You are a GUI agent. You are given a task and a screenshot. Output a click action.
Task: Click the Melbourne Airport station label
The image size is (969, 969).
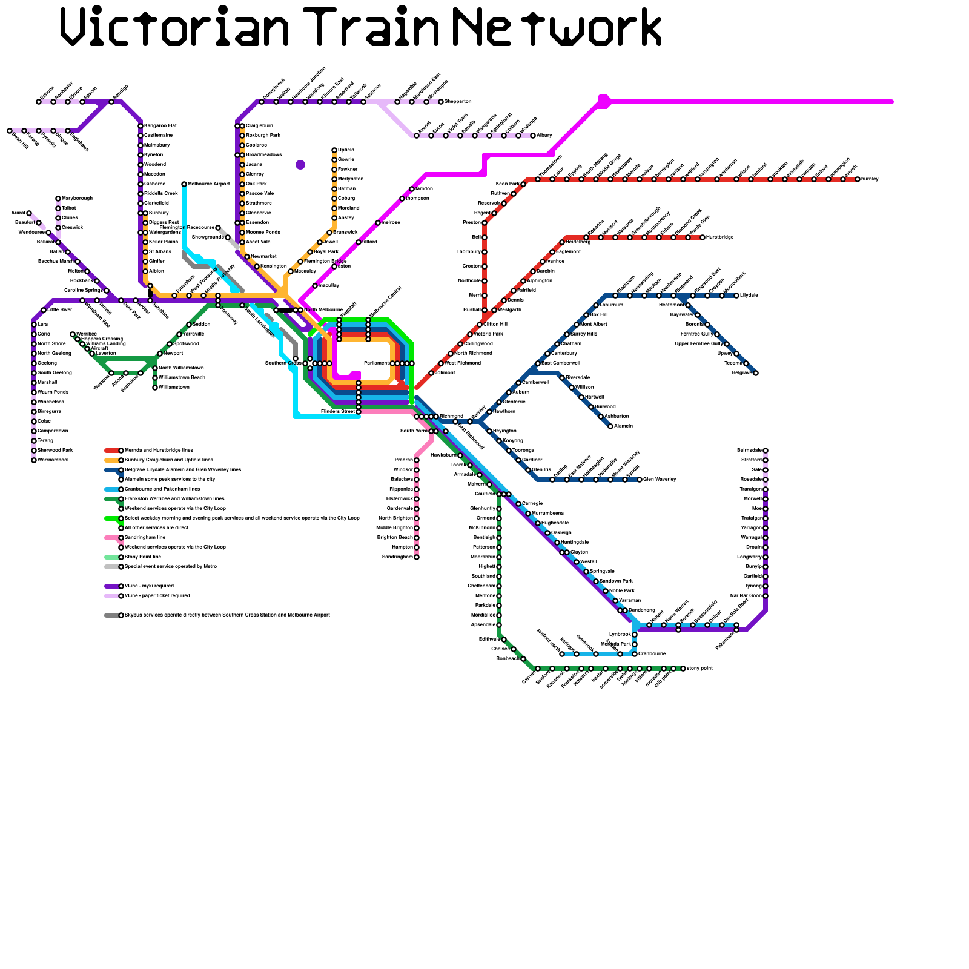[209, 184]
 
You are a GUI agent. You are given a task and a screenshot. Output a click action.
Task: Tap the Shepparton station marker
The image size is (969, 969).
[441, 102]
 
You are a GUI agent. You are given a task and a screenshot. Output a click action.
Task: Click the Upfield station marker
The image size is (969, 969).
[334, 150]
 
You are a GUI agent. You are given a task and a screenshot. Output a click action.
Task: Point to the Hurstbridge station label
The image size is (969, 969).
[720, 237]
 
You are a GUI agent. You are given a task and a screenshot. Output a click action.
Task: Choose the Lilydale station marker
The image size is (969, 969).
[736, 296]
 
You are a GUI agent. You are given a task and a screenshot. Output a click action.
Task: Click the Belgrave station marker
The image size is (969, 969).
[756, 373]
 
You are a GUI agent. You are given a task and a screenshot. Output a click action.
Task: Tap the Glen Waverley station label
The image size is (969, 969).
[660, 480]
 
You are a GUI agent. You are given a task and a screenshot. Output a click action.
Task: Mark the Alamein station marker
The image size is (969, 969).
[610, 426]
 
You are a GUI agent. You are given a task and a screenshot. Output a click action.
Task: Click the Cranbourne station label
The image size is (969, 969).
[652, 654]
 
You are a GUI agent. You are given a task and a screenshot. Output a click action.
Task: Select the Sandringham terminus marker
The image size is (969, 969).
[417, 557]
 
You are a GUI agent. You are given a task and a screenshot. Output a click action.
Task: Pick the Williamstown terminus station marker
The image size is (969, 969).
[155, 388]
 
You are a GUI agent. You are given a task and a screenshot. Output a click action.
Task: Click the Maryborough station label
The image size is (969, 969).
[77, 199]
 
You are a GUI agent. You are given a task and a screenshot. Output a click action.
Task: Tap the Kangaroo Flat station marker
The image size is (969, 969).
[141, 126]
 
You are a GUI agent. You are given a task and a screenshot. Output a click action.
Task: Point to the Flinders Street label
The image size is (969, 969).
[337, 412]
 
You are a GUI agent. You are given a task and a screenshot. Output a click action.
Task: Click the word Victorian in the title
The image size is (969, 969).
[176, 27]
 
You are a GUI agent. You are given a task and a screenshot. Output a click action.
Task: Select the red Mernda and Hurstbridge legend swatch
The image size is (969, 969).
[111, 451]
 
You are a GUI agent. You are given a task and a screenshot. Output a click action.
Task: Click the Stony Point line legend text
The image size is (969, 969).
[143, 557]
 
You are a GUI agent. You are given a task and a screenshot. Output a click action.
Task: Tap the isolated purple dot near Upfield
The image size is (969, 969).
[300, 165]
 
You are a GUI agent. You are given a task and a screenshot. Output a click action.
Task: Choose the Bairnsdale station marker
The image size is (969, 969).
[766, 451]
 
